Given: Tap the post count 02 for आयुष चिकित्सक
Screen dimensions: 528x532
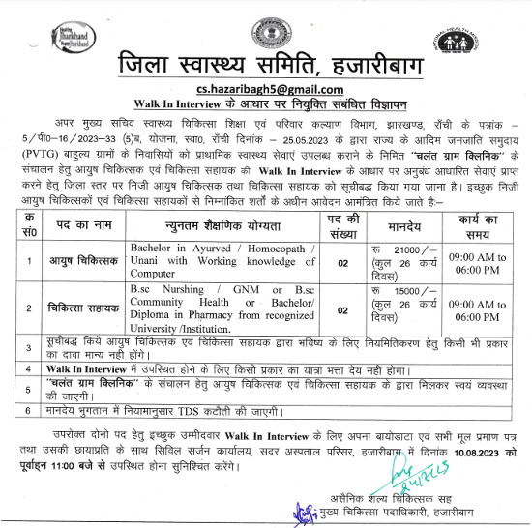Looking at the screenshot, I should tap(342, 261).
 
